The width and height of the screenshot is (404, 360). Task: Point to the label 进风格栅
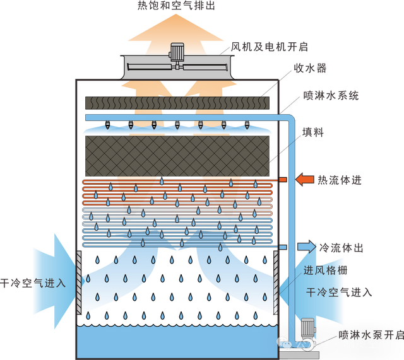pyautogui.click(x=324, y=271)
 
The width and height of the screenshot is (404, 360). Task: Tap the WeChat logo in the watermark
pyautogui.click(x=285, y=344)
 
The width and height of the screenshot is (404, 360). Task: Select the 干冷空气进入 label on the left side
pyautogui.click(x=33, y=283)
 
